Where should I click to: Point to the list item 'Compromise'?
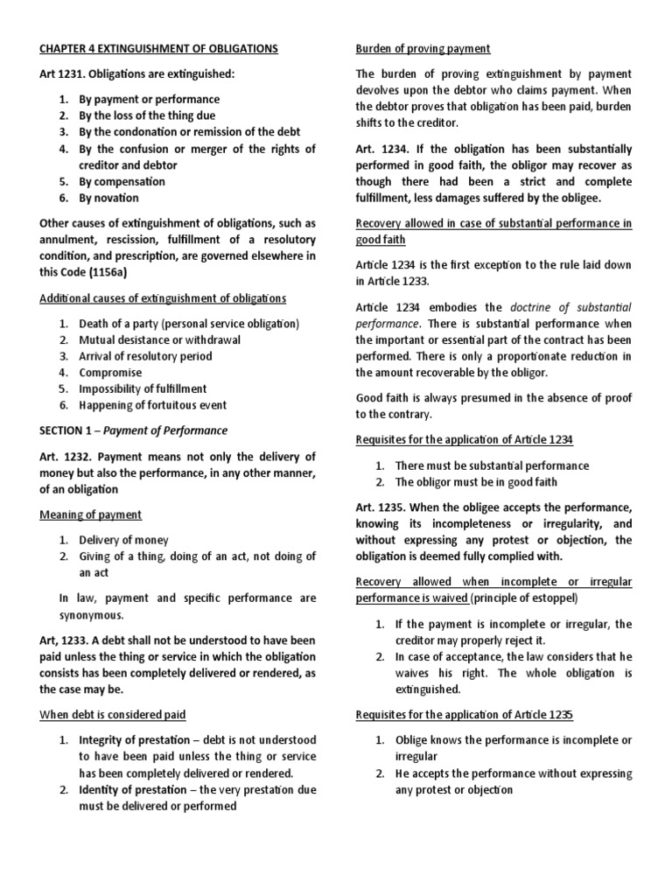pos(110,373)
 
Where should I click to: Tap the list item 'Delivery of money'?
pos(123,540)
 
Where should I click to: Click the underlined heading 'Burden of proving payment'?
pos(422,49)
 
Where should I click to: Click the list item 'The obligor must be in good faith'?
pos(476,482)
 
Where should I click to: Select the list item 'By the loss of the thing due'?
pos(147,115)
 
